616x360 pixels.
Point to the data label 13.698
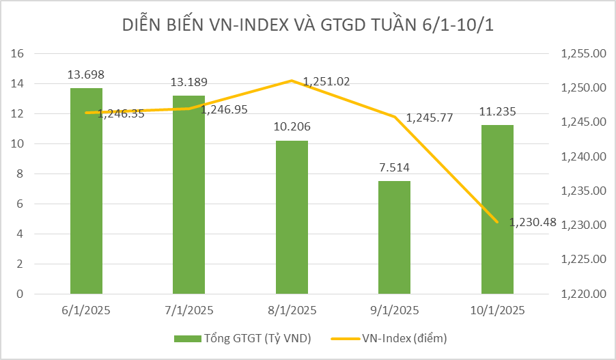point(85,74)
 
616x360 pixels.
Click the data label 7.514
point(395,167)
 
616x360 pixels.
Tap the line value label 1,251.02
point(326,81)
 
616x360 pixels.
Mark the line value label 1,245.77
point(430,117)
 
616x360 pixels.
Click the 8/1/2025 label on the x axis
point(292,310)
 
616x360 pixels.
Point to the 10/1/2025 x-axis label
point(497,310)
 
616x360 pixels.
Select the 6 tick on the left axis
point(20,204)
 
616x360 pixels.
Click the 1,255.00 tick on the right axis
point(582,54)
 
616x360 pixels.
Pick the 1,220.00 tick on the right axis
point(582,294)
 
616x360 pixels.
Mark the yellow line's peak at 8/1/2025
point(292,81)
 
